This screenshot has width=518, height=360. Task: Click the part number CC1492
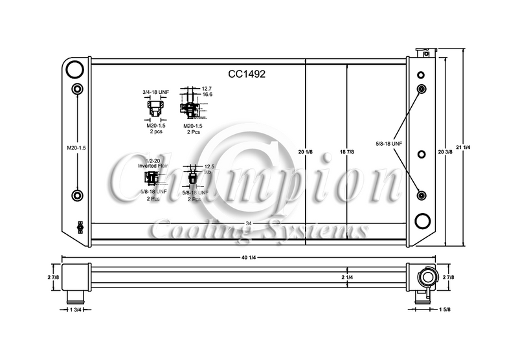pyautogui.click(x=247, y=74)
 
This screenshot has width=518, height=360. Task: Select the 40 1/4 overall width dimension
pyautogui.click(x=249, y=258)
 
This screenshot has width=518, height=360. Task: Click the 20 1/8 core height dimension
pyautogui.click(x=306, y=152)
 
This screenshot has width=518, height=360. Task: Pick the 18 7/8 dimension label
pyautogui.click(x=348, y=152)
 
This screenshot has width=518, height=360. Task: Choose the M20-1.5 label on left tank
pyautogui.click(x=76, y=148)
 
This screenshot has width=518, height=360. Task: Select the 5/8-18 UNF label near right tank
pyautogui.click(x=388, y=142)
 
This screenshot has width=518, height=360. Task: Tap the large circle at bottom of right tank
pyautogui.click(x=422, y=221)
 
